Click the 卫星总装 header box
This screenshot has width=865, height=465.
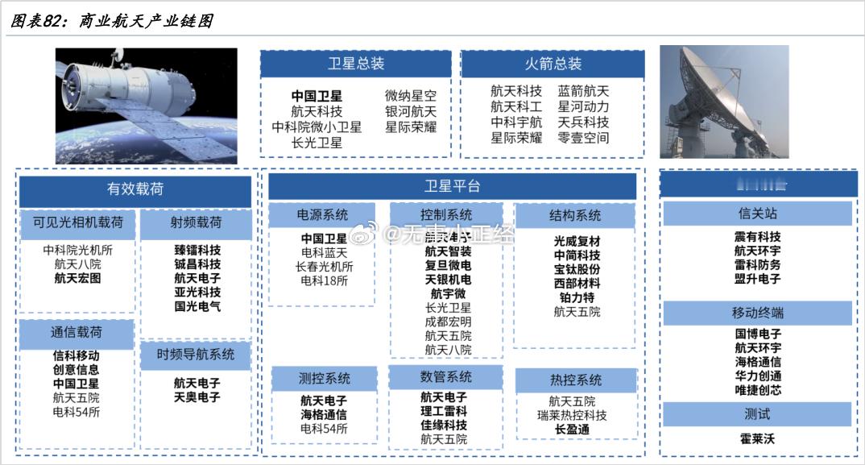[355, 64]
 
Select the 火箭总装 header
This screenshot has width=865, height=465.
[552, 64]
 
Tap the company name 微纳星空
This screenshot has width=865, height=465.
[411, 96]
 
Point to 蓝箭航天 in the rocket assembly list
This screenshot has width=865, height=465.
[583, 91]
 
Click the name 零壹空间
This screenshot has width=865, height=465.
[583, 138]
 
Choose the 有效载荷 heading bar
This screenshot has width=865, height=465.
[135, 190]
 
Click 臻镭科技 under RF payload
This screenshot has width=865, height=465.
[197, 250]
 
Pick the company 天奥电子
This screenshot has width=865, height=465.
[197, 397]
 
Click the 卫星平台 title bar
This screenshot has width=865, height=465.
[452, 186]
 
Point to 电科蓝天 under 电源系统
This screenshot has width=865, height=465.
[324, 252]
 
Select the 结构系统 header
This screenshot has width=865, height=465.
[575, 215]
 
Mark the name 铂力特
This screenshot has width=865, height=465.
[577, 297]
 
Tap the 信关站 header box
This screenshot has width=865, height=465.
[757, 214]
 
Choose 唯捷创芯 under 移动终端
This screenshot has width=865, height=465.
[758, 390]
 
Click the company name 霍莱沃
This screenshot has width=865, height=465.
[758, 440]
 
